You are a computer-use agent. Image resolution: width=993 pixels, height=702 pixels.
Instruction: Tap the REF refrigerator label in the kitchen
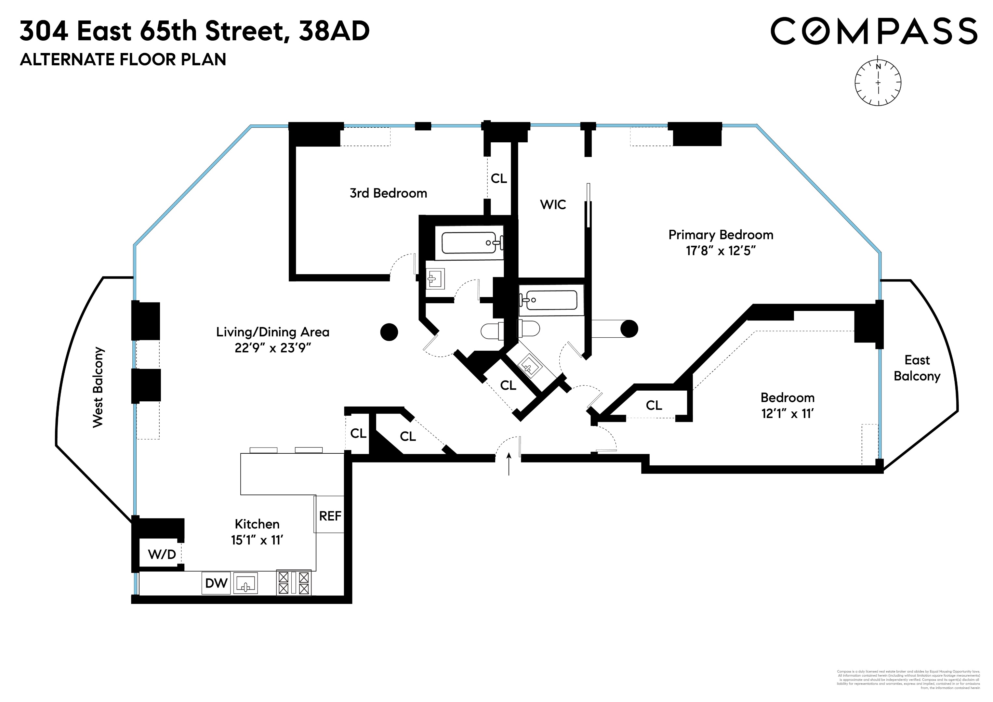[x=330, y=516]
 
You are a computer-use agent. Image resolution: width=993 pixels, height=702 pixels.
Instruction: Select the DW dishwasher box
[x=216, y=583]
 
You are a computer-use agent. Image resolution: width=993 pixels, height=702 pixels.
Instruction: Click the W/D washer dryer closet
[x=162, y=554]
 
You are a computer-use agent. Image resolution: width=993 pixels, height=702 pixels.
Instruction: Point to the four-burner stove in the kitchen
[x=294, y=583]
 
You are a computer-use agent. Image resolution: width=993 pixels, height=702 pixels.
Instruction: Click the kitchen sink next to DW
[x=246, y=583]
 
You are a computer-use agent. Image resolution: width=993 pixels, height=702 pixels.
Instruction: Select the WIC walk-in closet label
[x=553, y=204]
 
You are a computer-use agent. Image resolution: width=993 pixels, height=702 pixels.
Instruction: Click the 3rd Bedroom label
[x=388, y=193]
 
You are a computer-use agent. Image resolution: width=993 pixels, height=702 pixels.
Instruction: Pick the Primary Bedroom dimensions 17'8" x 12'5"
[x=721, y=251]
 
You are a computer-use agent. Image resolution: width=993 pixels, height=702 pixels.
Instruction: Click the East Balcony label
[x=917, y=368]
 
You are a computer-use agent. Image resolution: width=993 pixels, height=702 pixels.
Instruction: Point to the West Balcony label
[x=98, y=387]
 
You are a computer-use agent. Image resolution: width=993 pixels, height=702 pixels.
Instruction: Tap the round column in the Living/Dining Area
[x=389, y=332]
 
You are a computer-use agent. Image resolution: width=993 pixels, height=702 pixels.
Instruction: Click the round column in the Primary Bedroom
[x=629, y=329]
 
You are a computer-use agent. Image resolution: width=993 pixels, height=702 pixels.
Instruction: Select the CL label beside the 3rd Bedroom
[x=499, y=178]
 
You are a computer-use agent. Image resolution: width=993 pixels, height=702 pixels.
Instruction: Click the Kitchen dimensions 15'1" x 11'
[x=257, y=540]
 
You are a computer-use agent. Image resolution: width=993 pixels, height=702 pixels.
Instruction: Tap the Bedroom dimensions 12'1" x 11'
[x=787, y=414]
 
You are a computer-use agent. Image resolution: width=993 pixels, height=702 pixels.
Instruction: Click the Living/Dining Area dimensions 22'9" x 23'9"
[x=273, y=348]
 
